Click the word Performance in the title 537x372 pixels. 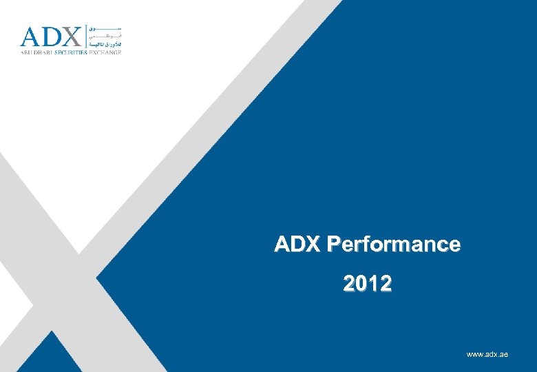pyautogui.click(x=394, y=244)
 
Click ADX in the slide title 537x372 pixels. pyautogui.click(x=298, y=244)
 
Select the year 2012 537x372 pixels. pyautogui.click(x=368, y=283)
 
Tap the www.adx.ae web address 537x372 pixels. pyautogui.click(x=487, y=354)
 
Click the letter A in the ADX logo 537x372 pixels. pyautogui.click(x=32, y=37)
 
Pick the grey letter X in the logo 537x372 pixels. pyautogui.click(x=72, y=37)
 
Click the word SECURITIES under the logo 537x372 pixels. pyautogui.click(x=68, y=52)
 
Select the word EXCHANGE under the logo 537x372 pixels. pyautogui.click(x=105, y=52)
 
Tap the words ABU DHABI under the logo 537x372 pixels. pyautogui.click(x=34, y=52)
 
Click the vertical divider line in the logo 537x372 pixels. pyautogui.click(x=85, y=36)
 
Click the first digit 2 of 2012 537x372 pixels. pyautogui.click(x=349, y=283)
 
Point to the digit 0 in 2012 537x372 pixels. pyautogui.click(x=361, y=283)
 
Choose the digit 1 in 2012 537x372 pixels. pyautogui.click(x=374, y=283)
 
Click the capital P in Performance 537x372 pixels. pyautogui.click(x=333, y=244)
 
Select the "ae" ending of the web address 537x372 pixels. pyautogui.click(x=503, y=354)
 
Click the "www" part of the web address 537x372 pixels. pyautogui.click(x=474, y=354)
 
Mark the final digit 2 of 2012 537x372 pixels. pyautogui.click(x=386, y=283)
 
